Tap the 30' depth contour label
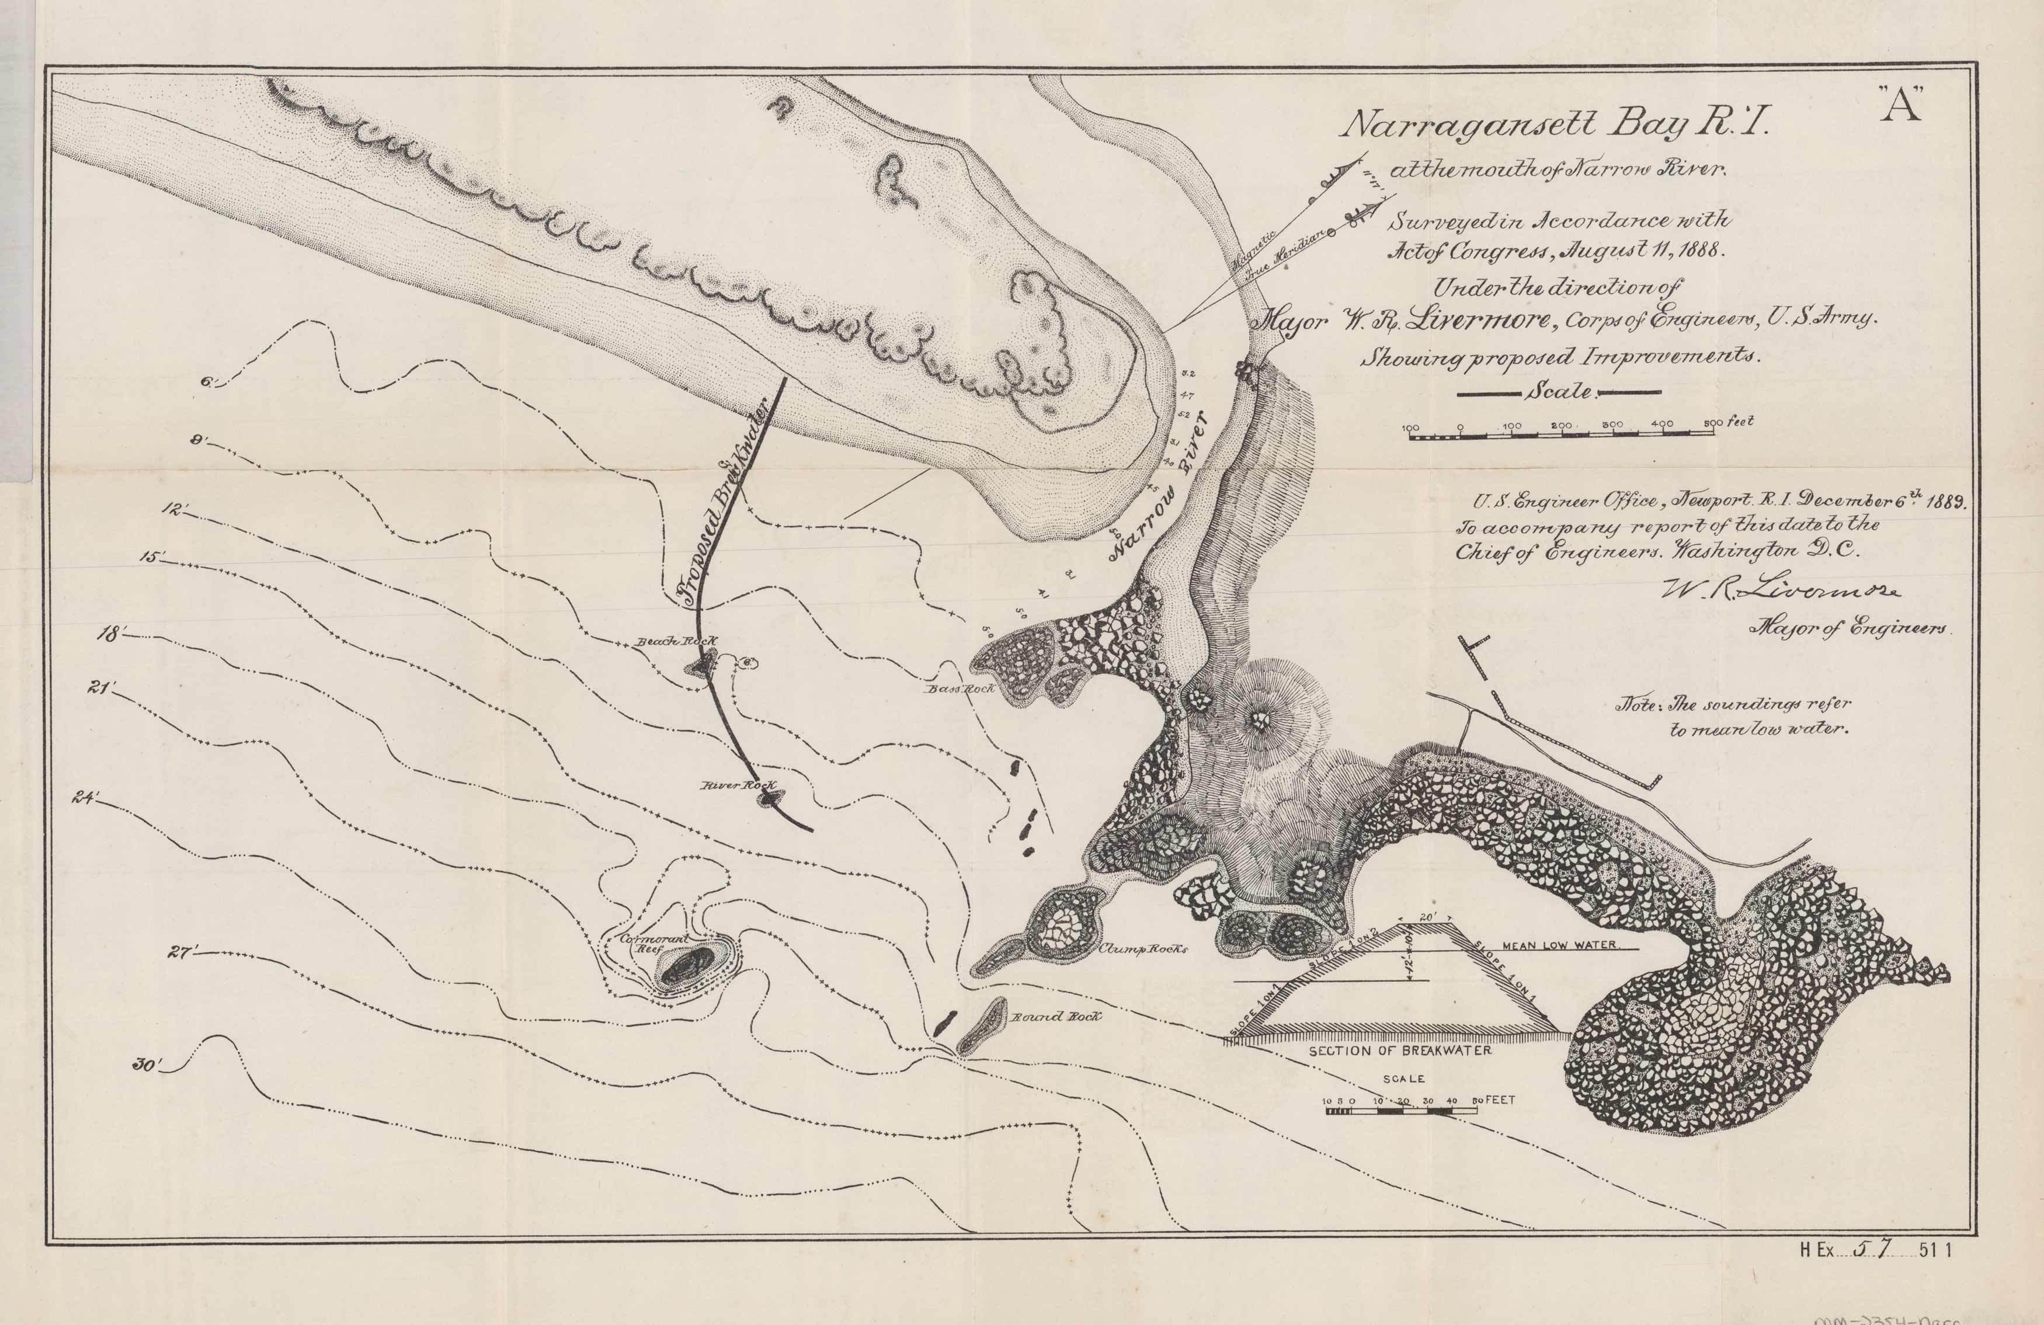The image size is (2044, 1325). [x=148, y=1065]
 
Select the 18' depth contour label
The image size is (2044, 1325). [x=113, y=634]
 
